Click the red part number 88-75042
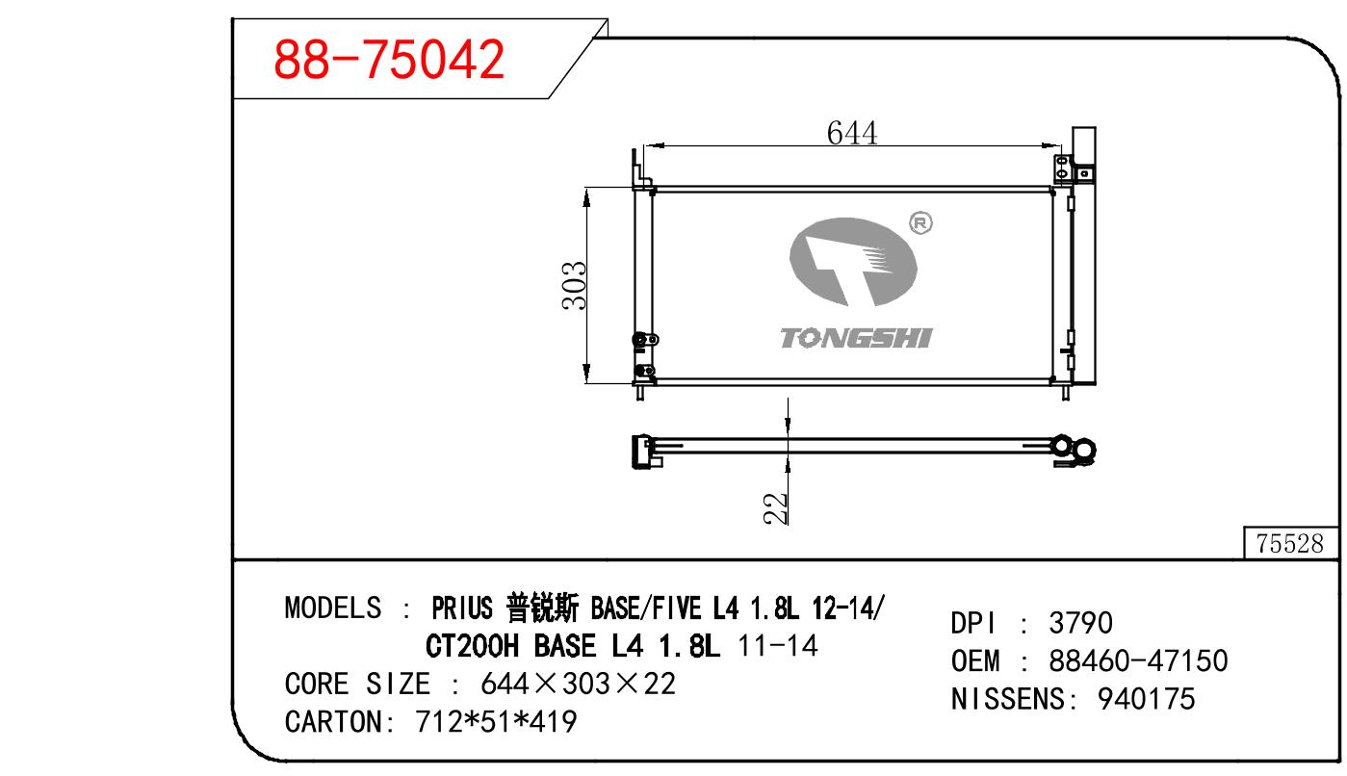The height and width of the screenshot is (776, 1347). pos(389,59)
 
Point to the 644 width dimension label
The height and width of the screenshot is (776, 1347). pos(851,132)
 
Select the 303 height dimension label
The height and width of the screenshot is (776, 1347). pos(574,286)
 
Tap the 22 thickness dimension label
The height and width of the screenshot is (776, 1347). pos(776,508)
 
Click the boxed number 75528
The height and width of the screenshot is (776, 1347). pos(1289,543)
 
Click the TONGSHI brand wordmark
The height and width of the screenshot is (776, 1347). pos(856,338)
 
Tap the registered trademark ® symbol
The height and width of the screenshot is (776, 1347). pos(920,223)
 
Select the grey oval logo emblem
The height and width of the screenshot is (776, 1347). pos(853,262)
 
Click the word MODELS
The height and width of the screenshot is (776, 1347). pos(332,608)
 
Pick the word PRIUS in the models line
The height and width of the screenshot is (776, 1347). pos(462,608)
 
